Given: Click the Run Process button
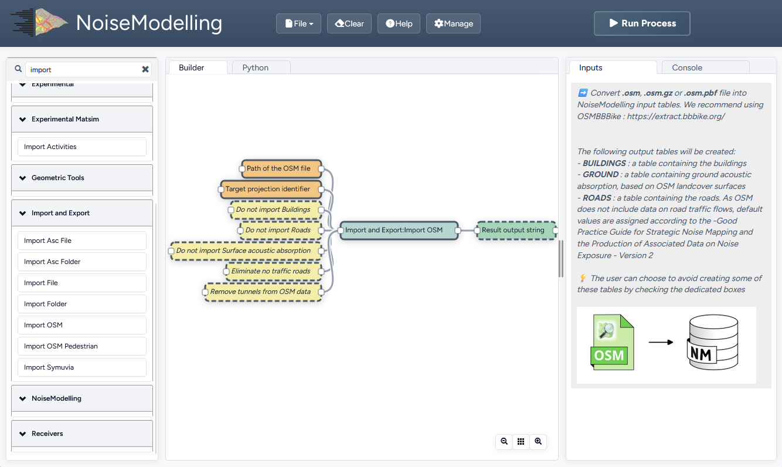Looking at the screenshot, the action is [642, 23].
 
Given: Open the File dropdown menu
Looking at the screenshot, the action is [298, 23].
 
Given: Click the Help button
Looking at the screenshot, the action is [399, 23].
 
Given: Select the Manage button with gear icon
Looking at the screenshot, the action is [453, 23].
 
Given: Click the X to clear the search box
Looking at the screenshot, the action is [145, 69].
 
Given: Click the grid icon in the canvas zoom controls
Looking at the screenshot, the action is [521, 442].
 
